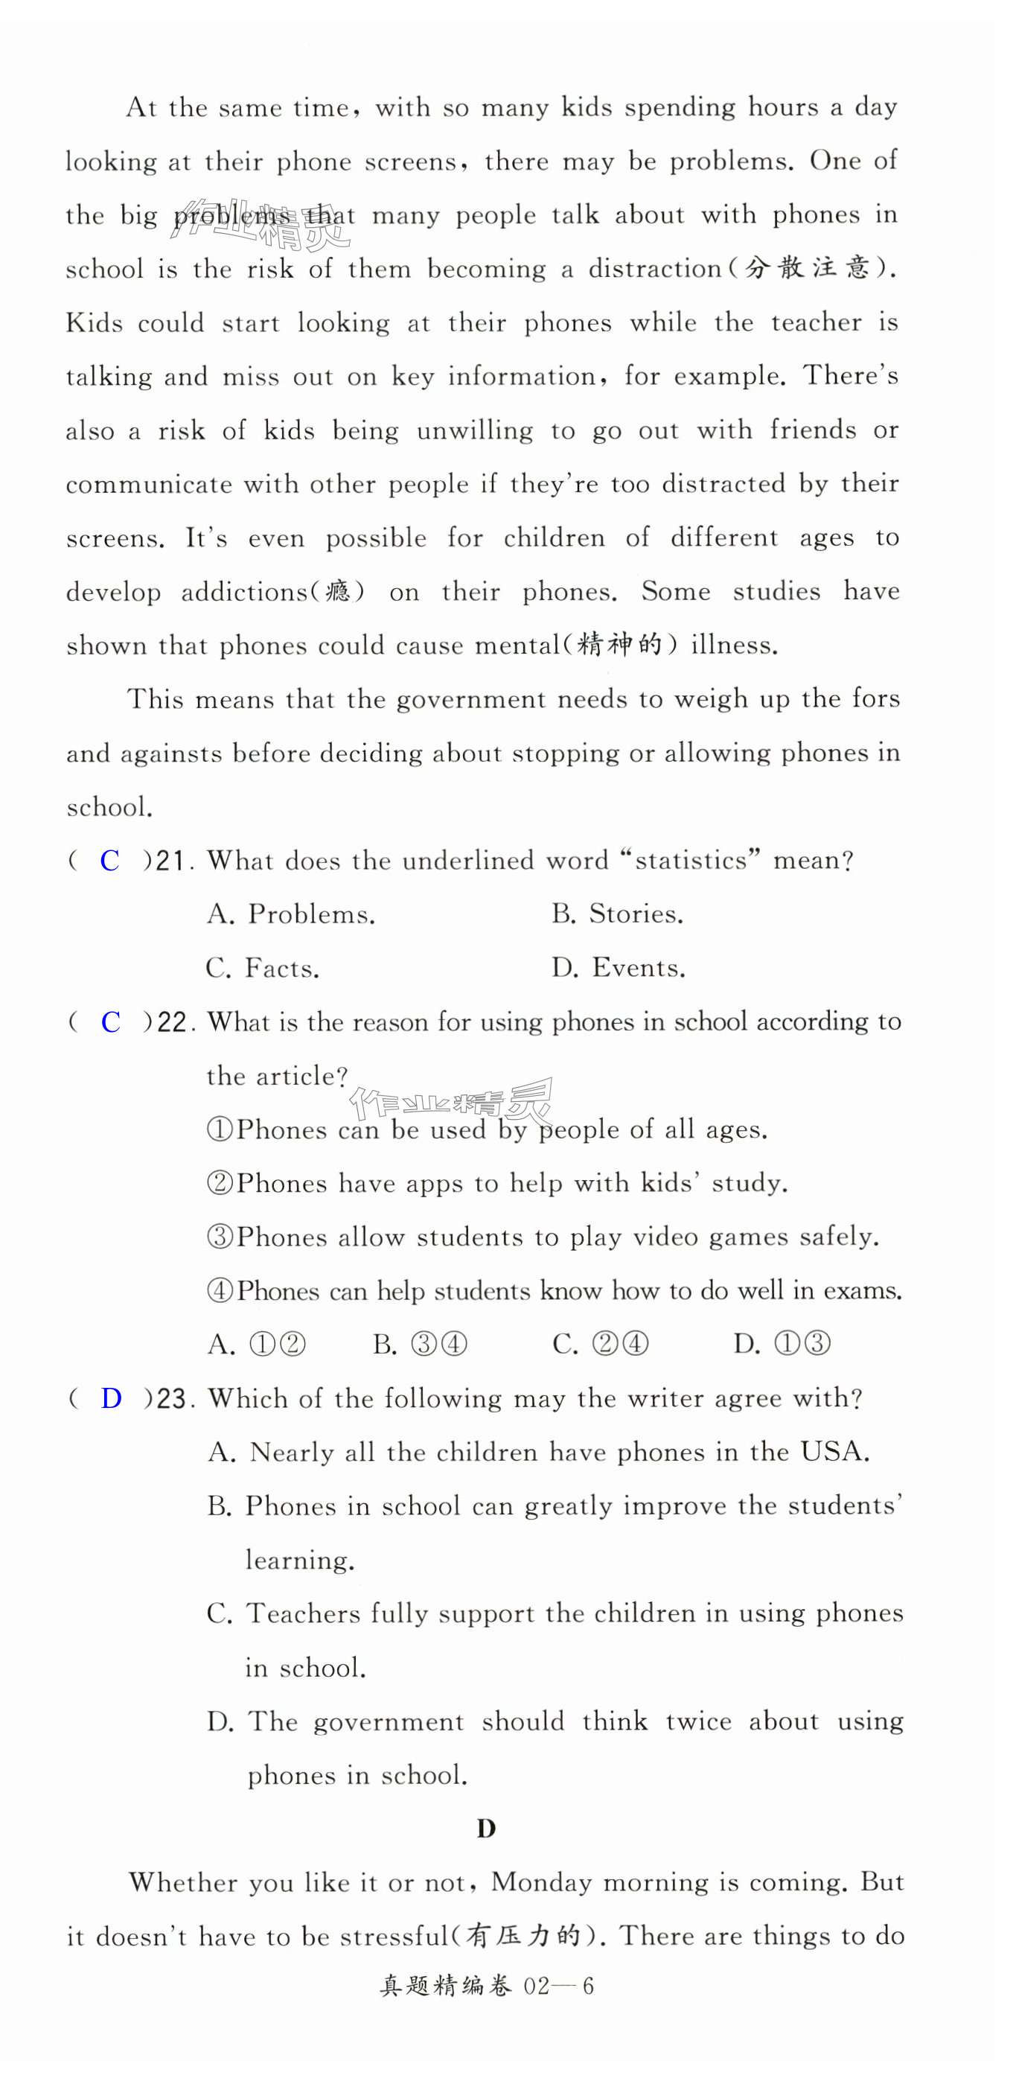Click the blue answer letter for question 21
click(x=110, y=861)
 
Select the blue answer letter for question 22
click(x=111, y=1023)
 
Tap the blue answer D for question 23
click(x=112, y=1398)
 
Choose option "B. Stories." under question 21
click(x=618, y=914)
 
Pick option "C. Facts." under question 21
click(x=263, y=969)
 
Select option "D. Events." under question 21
click(x=619, y=969)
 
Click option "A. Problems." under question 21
click(x=292, y=914)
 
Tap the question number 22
click(x=172, y=1024)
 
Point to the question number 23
click(x=172, y=1399)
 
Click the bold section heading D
click(x=486, y=1829)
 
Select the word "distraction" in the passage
click(x=655, y=269)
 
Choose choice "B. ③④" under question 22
click(x=420, y=1344)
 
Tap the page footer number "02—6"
click(x=559, y=1986)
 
